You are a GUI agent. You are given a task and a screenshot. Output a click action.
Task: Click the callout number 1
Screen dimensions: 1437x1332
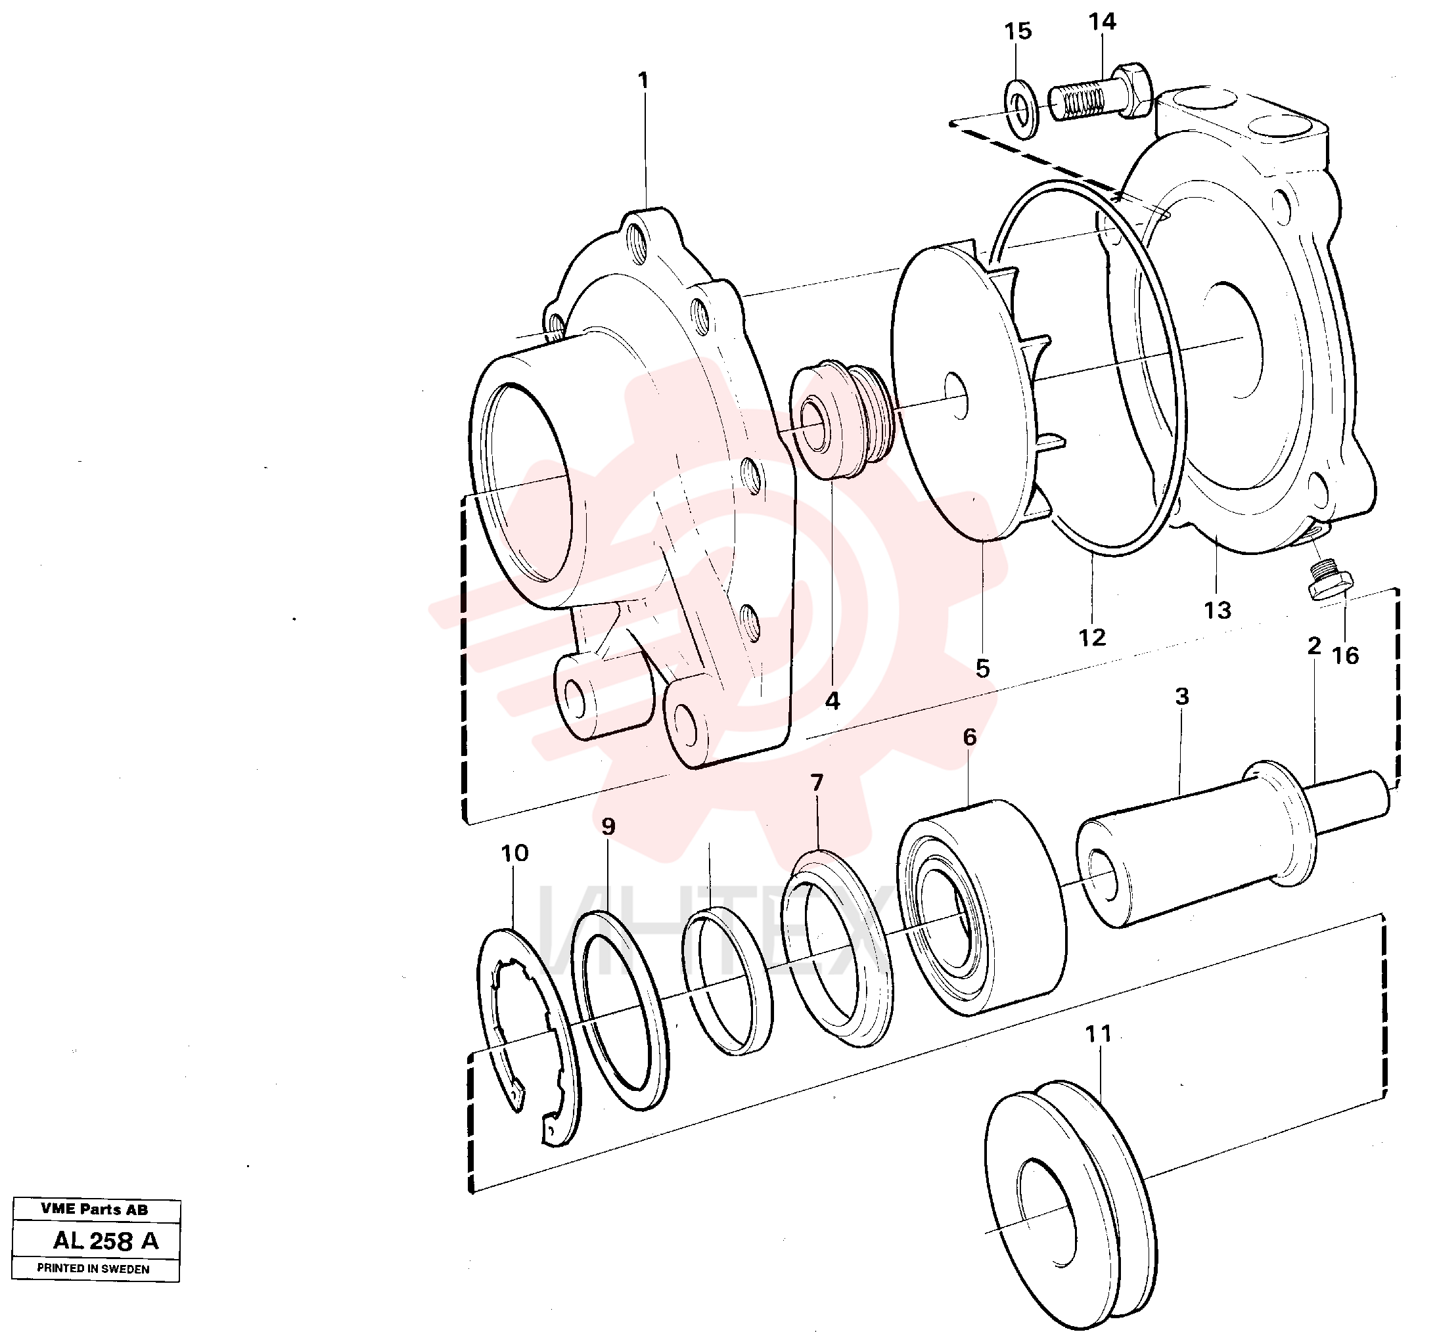coord(643,81)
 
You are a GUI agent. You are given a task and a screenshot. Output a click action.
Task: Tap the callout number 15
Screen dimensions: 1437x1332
coord(1018,31)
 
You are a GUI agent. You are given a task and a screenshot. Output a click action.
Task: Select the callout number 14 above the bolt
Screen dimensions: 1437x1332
coord(1102,22)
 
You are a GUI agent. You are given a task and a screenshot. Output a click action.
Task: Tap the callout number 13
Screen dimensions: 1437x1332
coord(1217,611)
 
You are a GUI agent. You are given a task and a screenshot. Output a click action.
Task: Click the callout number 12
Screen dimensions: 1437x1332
coord(1091,637)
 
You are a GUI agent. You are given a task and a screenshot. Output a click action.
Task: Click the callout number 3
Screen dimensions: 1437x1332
coord(1182,696)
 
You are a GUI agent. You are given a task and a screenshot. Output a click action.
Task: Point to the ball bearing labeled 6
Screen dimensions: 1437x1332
coord(982,908)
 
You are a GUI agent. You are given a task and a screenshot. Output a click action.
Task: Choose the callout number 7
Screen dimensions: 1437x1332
coord(816,782)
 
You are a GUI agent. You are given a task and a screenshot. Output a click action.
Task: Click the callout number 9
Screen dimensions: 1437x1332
coord(608,826)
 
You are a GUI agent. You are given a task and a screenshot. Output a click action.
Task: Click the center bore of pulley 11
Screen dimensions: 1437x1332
coord(1046,1216)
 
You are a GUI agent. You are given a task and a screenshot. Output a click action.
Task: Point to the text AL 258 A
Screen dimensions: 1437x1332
coord(106,1241)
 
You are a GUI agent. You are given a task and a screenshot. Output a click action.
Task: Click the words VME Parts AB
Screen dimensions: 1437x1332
coord(95,1209)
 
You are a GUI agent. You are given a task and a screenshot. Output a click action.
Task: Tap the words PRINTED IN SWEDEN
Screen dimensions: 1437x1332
coord(94,1268)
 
